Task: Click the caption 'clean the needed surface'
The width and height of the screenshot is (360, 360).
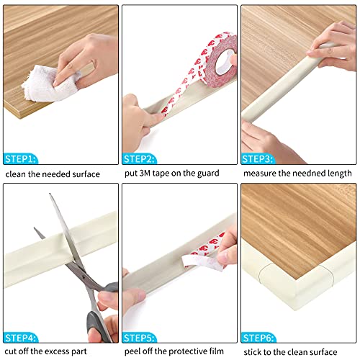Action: (53, 174)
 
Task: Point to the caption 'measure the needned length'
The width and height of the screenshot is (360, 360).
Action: (297, 174)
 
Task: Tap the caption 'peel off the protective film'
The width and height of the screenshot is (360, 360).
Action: (177, 351)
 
